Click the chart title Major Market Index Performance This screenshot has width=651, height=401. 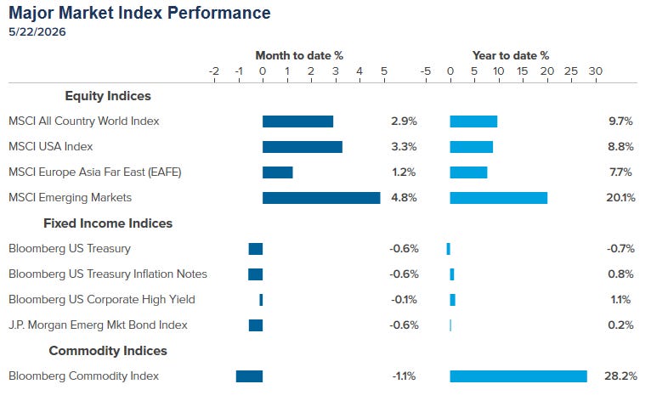(x=139, y=13)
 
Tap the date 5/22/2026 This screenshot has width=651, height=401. (x=37, y=32)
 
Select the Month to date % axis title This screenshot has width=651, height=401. (x=299, y=55)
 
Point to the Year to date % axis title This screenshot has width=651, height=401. (x=511, y=55)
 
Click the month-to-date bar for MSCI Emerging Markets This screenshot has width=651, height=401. (x=321, y=198)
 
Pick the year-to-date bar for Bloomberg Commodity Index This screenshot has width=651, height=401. (x=518, y=376)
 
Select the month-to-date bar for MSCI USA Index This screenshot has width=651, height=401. (x=303, y=147)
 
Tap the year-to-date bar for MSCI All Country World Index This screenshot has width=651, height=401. (x=473, y=121)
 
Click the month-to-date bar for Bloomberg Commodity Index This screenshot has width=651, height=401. (x=249, y=376)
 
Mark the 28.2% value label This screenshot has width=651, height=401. (x=620, y=376)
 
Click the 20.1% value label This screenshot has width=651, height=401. (x=620, y=198)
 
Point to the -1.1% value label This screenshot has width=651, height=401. (x=404, y=376)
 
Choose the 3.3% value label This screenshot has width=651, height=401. (x=404, y=146)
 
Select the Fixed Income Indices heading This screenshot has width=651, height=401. (x=108, y=223)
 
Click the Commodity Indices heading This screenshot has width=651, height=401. (x=108, y=351)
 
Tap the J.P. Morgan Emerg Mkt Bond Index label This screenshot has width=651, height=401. (x=98, y=325)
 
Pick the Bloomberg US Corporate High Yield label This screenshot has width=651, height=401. (x=102, y=300)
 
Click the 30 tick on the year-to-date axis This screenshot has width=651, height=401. (x=596, y=71)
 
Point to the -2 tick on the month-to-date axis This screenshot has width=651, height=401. (x=214, y=71)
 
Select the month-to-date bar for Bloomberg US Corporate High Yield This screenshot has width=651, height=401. (x=261, y=300)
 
